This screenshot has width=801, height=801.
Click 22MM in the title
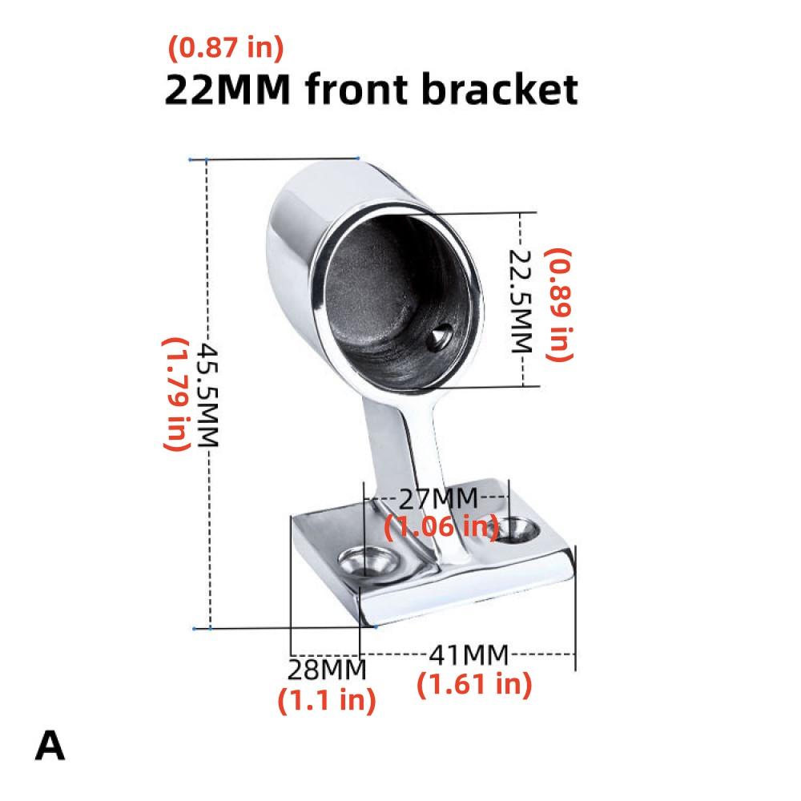pos(227,90)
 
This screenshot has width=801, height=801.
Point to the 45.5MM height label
pos(208,396)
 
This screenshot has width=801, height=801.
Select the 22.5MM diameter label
pos(521,301)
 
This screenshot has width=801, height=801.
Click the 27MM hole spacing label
pos(438,499)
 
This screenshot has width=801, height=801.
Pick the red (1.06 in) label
pos(441,526)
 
